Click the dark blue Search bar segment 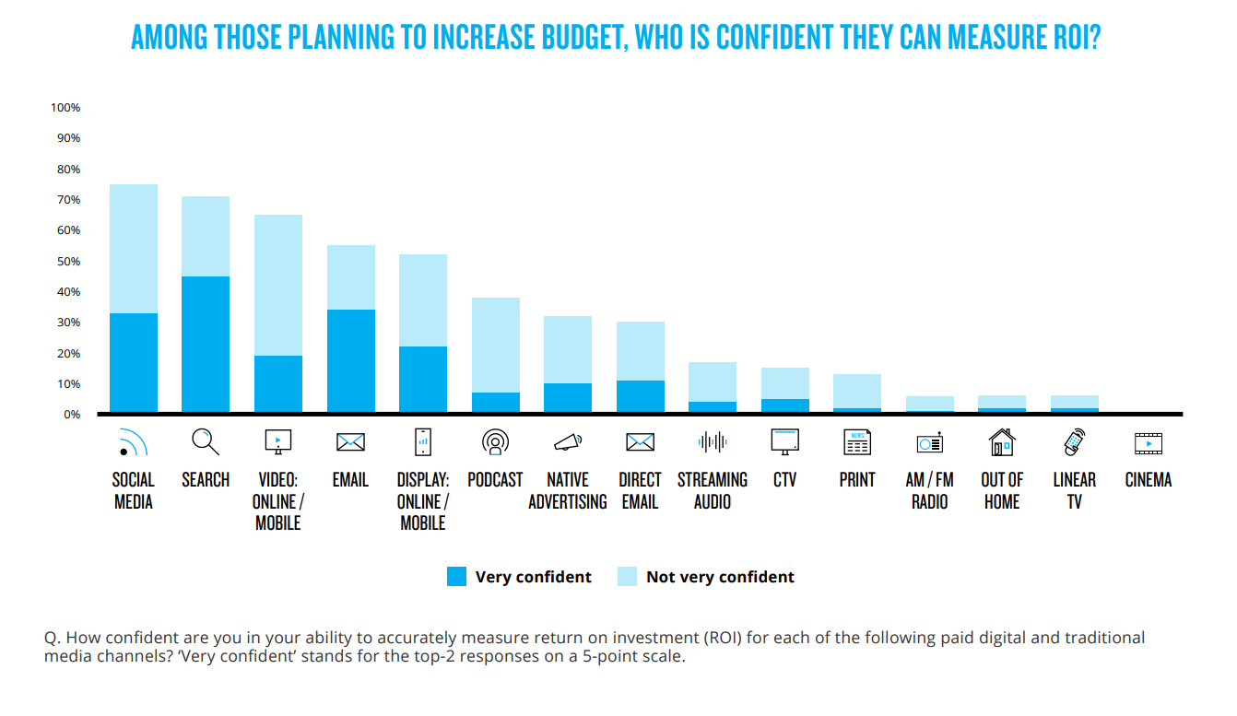point(206,344)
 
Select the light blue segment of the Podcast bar point(495,345)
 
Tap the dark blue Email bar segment point(350,360)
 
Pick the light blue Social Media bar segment point(134,249)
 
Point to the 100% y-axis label point(65,108)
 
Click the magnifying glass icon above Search point(206,442)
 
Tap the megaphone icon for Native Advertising point(568,443)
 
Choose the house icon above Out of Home point(1001,443)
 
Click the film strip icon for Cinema point(1148,443)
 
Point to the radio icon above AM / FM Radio point(929,443)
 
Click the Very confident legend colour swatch point(456,577)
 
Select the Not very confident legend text point(720,577)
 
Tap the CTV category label point(784,480)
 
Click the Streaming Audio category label point(713,490)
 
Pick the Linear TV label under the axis point(1074,490)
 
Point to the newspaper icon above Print point(857,443)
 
